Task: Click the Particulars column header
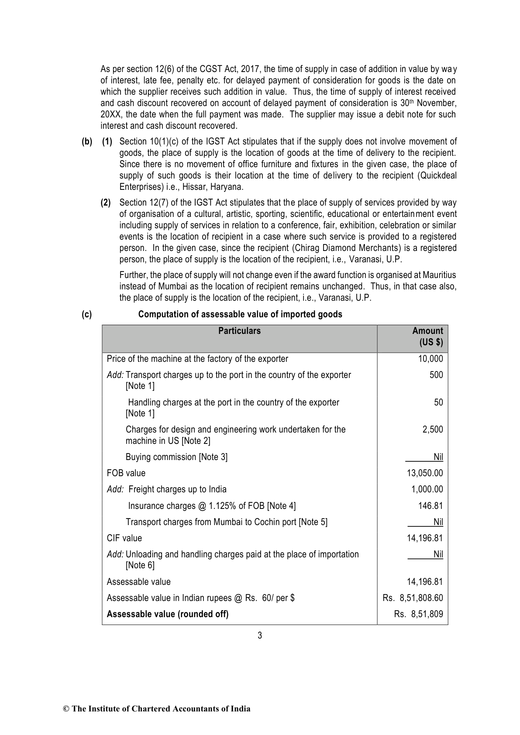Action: click(239, 331)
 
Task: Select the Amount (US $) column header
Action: click(427, 337)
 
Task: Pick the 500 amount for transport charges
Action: click(436, 375)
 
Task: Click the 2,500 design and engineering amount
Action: click(433, 429)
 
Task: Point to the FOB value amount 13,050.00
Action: click(425, 473)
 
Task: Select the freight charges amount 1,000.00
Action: click(427, 489)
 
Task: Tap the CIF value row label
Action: click(124, 538)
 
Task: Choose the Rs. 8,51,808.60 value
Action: click(413, 598)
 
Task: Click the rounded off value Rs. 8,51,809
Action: click(418, 614)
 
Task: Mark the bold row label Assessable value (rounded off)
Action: click(168, 614)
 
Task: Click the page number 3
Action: click(260, 635)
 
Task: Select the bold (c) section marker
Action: click(87, 314)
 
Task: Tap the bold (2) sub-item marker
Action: click(106, 203)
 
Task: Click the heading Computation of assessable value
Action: click(240, 314)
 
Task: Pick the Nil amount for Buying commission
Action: click(438, 457)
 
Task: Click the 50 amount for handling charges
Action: click(438, 402)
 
